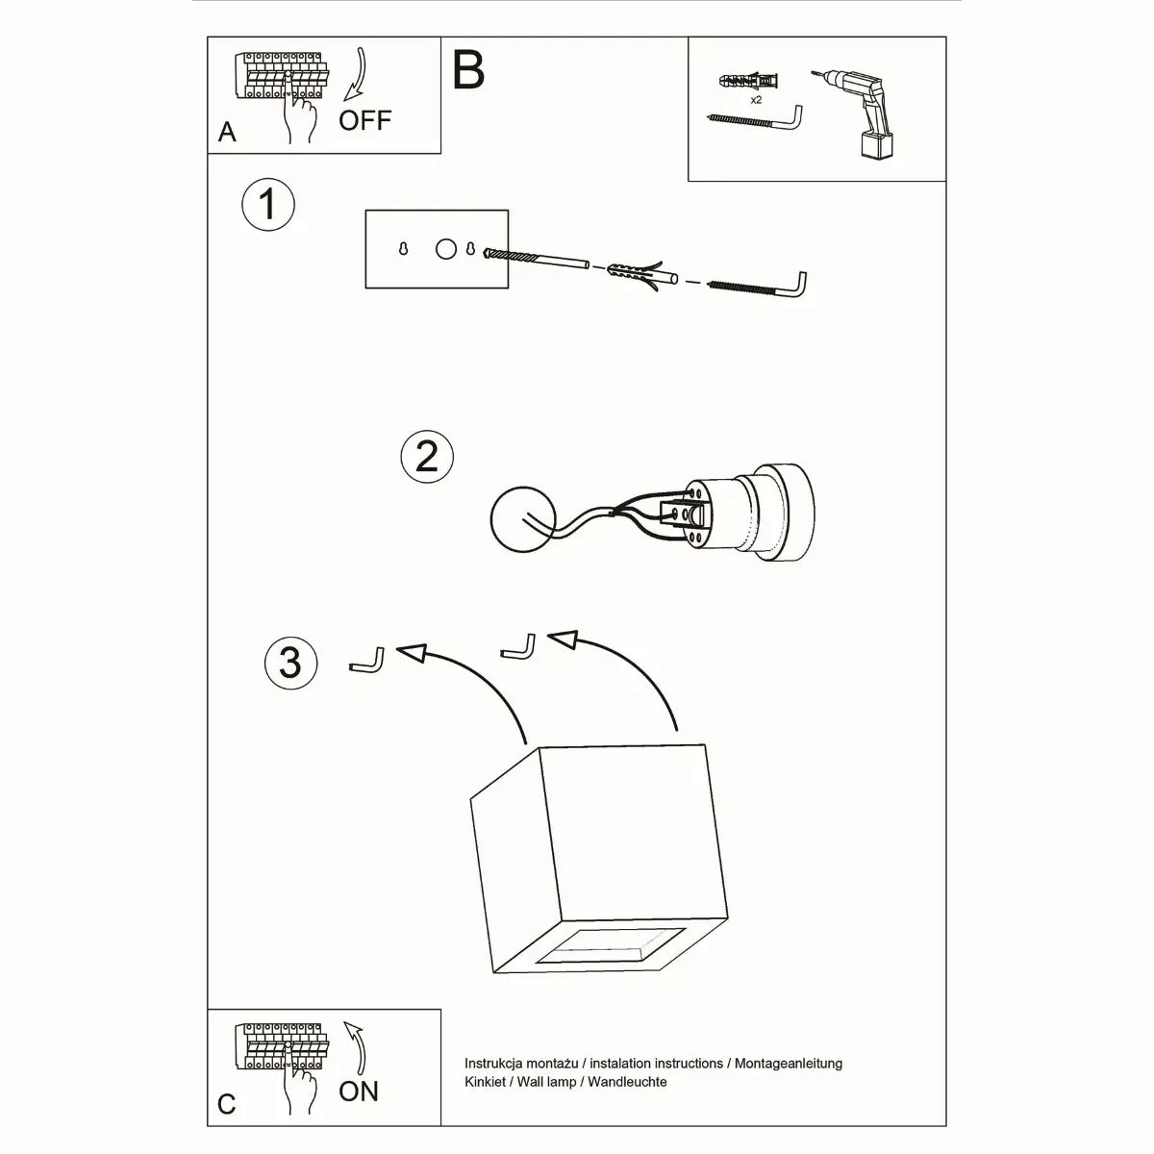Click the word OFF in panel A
click(x=364, y=120)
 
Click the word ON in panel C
click(x=358, y=1091)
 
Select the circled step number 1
click(x=268, y=205)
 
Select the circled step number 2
click(x=427, y=455)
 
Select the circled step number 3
click(x=290, y=663)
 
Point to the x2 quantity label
click(x=756, y=99)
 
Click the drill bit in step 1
click(x=539, y=260)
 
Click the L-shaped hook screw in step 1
click(x=760, y=287)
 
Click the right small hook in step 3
click(x=518, y=646)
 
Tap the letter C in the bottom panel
click(x=226, y=1103)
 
